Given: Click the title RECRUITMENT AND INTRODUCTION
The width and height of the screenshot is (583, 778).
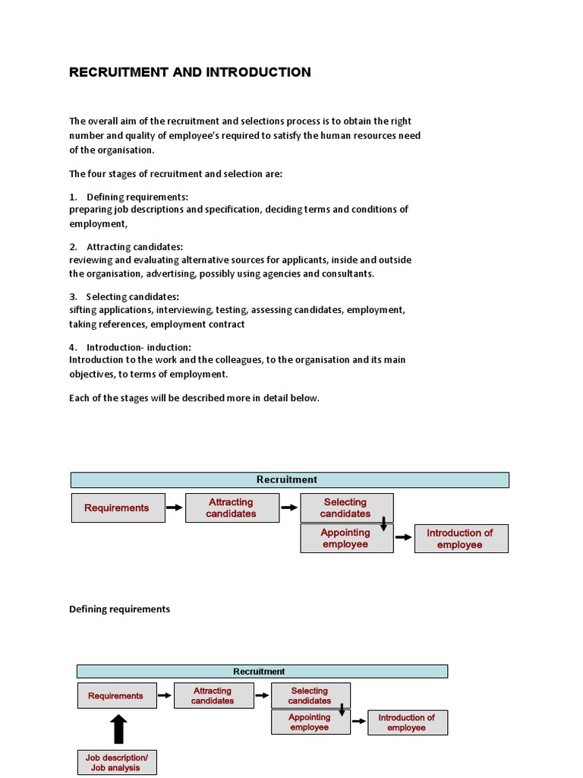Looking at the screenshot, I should pyautogui.click(x=190, y=72).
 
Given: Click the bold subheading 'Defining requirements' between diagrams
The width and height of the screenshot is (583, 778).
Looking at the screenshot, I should pyautogui.click(x=120, y=609).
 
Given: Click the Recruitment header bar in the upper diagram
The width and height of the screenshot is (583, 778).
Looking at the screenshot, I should pyautogui.click(x=289, y=479).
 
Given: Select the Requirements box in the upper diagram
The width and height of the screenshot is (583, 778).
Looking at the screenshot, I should pyautogui.click(x=118, y=508).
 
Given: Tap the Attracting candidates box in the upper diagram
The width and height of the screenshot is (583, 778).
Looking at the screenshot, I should pyautogui.click(x=232, y=508).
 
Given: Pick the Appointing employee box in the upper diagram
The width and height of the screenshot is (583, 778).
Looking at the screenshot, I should pyautogui.click(x=346, y=539).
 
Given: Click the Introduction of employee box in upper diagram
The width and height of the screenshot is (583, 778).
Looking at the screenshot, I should pyautogui.click(x=461, y=539).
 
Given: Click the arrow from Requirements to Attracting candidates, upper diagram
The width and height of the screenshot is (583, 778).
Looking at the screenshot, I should pyautogui.click(x=175, y=508).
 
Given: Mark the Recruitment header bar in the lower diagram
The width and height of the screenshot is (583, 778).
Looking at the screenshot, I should pyautogui.click(x=262, y=672).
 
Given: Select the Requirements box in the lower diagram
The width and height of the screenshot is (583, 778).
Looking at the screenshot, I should pyautogui.click(x=116, y=695).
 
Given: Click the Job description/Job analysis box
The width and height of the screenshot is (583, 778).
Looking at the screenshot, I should pyautogui.click(x=117, y=763).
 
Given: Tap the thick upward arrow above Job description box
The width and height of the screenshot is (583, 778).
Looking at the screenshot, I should pyautogui.click(x=118, y=729).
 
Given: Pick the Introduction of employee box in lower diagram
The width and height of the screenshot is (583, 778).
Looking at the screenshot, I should pyautogui.click(x=407, y=723).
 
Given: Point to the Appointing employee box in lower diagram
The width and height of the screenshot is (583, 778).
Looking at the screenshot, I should pyautogui.click(x=310, y=723).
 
